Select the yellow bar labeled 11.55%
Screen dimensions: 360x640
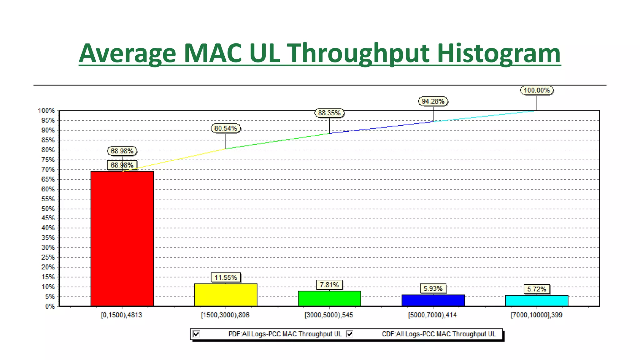coord(226,295)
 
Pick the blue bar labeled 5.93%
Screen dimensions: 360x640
coord(433,300)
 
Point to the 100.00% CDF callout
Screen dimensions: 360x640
coord(537,90)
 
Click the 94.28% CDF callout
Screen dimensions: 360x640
coord(433,101)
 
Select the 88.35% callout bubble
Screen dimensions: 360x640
coord(329,113)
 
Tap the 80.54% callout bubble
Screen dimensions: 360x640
coord(226,128)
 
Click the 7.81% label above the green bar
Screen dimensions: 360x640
coord(329,285)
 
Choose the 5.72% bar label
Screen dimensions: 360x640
coord(537,289)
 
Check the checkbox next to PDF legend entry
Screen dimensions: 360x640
coord(196,334)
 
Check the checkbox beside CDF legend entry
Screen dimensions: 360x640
coord(349,334)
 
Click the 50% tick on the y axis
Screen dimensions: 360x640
coord(48,208)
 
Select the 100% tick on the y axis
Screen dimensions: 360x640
coord(46,111)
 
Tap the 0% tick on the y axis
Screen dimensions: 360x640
coord(50,306)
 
